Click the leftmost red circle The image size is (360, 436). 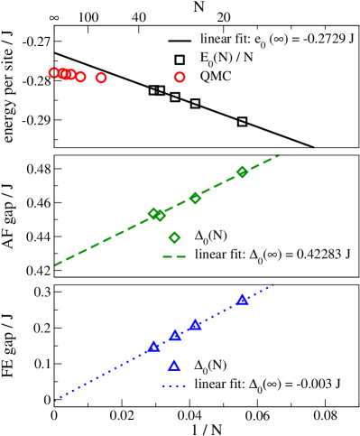tap(54, 72)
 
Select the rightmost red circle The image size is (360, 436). tap(180, 77)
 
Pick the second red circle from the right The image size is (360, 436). tap(101, 78)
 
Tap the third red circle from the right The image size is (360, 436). tap(80, 77)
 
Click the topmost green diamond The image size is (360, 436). tap(242, 172)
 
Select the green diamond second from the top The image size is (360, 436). tap(195, 198)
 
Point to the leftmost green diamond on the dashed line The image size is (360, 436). tap(153, 213)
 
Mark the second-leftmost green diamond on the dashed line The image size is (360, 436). tap(160, 216)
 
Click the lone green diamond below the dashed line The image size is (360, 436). tap(174, 237)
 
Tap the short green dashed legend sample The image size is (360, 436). tap(174, 257)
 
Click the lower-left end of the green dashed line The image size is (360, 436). tap(55, 265)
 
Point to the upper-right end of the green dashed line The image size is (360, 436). tap(279, 155)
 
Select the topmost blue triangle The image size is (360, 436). tap(242, 300)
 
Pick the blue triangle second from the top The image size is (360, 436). tap(195, 325)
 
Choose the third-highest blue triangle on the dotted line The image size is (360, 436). tap(175, 335)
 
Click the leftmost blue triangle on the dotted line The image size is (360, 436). tap(153, 347)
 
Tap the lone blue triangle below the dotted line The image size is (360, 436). tap(174, 366)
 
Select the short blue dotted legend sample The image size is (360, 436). tap(174, 386)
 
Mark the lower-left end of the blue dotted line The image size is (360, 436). tap(55, 399)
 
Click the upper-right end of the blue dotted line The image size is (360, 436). tap(273, 285)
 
